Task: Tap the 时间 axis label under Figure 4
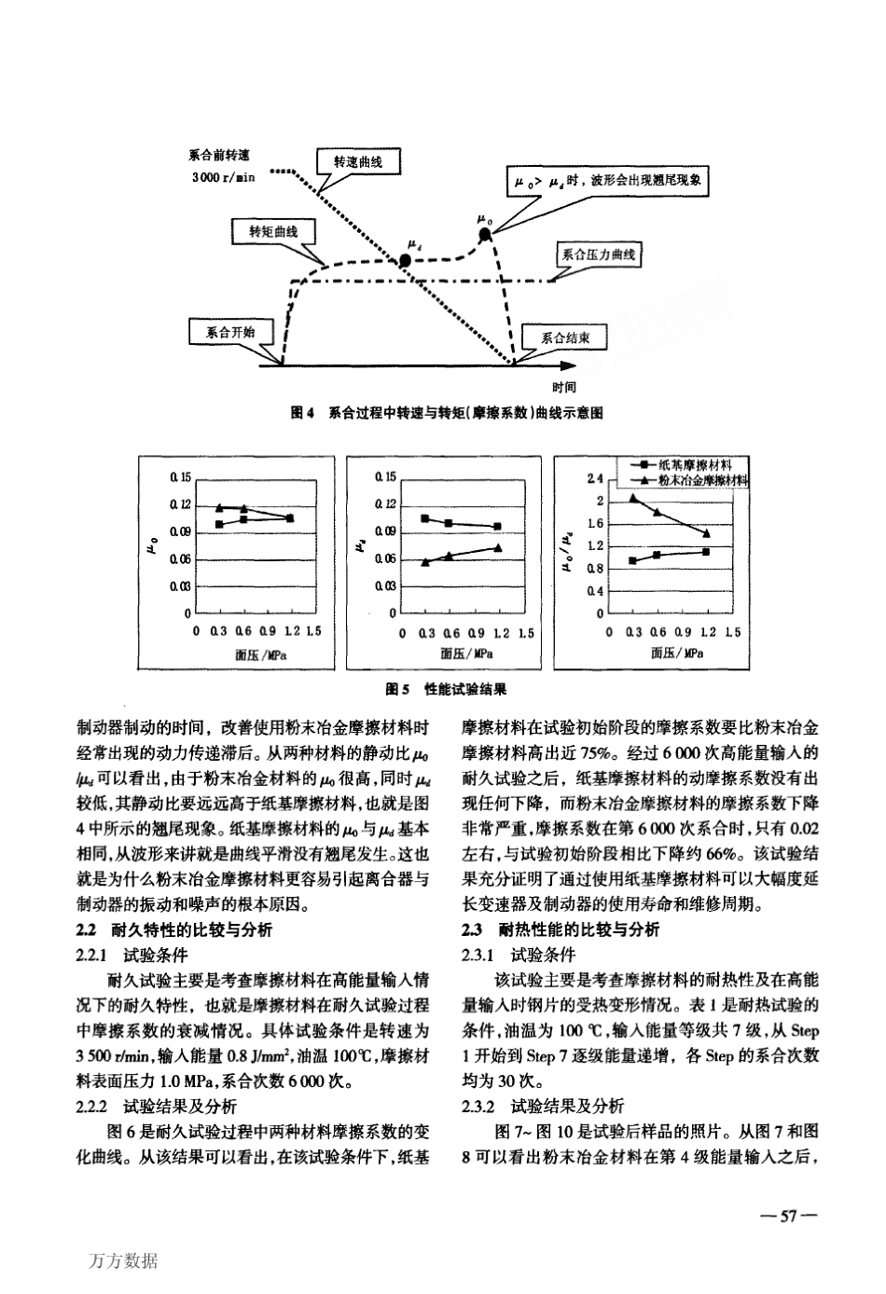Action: pyautogui.click(x=562, y=386)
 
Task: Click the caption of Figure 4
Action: pyautogui.click(x=443, y=412)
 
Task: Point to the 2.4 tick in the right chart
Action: pyautogui.click(x=594, y=480)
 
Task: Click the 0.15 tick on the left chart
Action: pyautogui.click(x=180, y=477)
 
